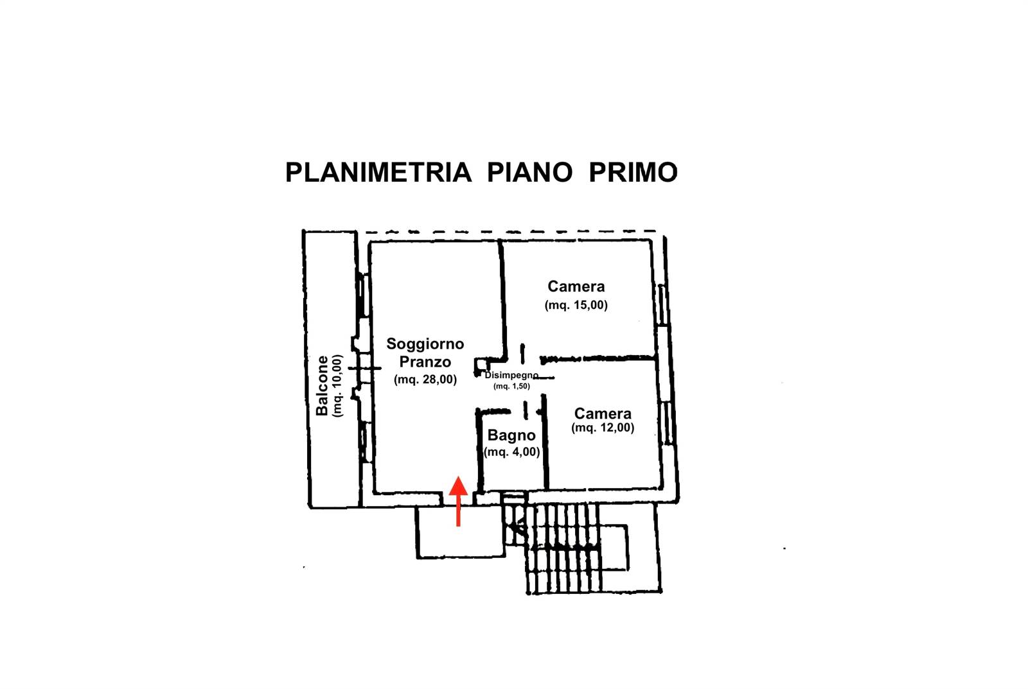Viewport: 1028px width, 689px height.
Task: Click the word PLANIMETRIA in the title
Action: coord(378,172)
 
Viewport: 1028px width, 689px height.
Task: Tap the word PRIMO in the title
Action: coord(633,172)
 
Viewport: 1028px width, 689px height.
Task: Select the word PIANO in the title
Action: coord(529,172)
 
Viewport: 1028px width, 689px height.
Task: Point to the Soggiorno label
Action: coord(425,344)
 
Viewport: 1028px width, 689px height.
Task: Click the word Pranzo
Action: coord(425,362)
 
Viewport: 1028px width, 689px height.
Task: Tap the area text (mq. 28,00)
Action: coord(425,379)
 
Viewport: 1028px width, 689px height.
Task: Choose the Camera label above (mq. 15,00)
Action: coord(576,286)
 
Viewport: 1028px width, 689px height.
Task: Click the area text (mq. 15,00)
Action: coord(576,305)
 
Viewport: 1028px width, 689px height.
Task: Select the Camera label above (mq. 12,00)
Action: coord(603,413)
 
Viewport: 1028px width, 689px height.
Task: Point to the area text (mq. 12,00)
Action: coord(603,428)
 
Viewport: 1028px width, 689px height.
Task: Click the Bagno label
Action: coord(511,435)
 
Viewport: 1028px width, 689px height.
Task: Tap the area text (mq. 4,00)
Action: coord(511,452)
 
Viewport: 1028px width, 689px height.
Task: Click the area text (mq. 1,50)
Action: coord(511,386)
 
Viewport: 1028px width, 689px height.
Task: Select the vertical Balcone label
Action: coord(323,385)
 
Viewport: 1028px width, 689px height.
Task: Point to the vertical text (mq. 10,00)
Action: coord(338,385)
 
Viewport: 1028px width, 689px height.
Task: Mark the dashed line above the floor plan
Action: coord(514,232)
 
